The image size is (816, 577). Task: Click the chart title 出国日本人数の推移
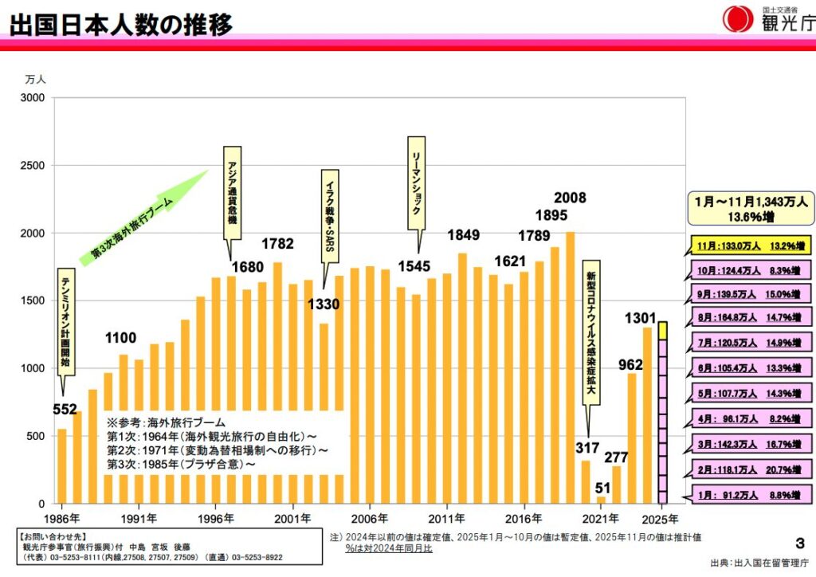pos(121,23)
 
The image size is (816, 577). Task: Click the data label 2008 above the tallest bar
pos(570,198)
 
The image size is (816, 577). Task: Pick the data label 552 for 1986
pos(65,410)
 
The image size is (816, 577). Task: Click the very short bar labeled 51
pos(601,500)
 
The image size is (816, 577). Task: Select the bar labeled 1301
pos(647,415)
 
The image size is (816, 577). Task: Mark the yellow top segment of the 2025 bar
pos(662,330)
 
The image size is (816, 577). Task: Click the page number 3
pos(799,544)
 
